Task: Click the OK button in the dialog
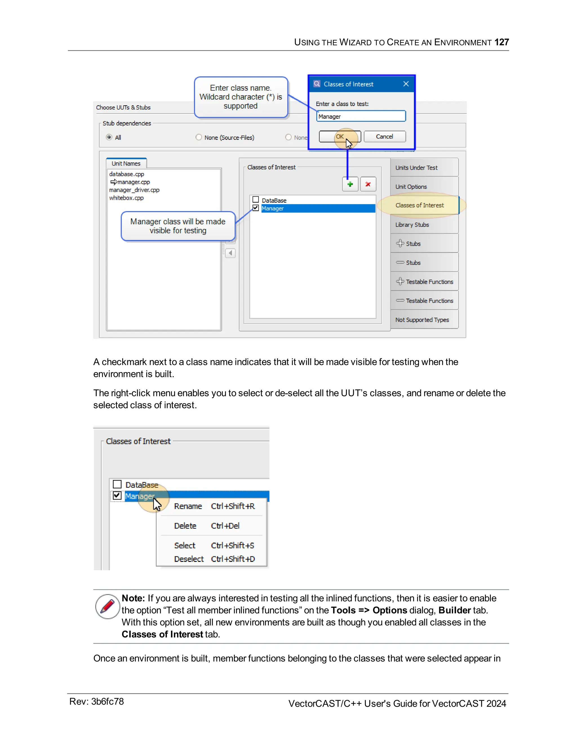pos(340,136)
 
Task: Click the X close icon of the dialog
pos(406,84)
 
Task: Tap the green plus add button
pos(350,184)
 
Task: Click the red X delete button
pos(368,184)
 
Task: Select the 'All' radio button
pos(109,137)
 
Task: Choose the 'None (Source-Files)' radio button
pos(199,137)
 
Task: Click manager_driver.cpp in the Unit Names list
pos(134,190)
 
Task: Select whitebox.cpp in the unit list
pos(126,198)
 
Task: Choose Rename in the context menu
pos(188,506)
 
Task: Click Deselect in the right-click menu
pos(189,559)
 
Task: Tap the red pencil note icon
pos(108,606)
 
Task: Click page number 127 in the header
pos(501,42)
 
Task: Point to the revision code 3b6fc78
pos(107,702)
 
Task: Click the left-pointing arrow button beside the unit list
pos(230,253)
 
